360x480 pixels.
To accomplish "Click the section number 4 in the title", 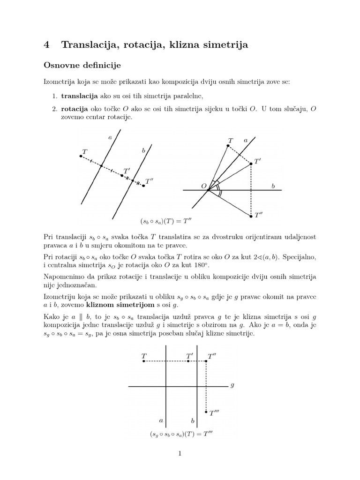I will tap(46, 45).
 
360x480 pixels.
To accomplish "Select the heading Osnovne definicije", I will tap(82, 64).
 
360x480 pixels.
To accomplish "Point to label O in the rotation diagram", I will tap(204, 186).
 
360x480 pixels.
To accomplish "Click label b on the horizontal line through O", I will tap(273, 186).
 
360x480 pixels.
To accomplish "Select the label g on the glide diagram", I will tap(232, 386).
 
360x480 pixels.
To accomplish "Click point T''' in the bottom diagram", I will tap(207, 412).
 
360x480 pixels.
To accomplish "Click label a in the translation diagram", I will tap(110, 137).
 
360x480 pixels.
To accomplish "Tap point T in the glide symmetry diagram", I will tap(143, 361).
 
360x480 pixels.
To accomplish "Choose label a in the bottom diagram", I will tap(161, 420).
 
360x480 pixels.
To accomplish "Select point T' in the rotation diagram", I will tap(251, 164).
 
